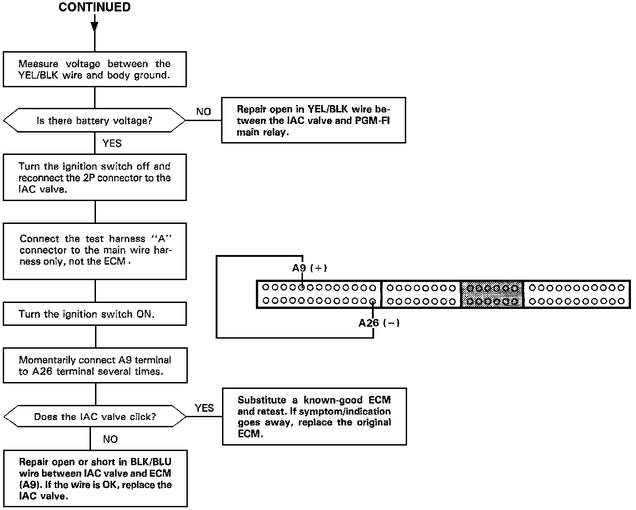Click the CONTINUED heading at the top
point(95,7)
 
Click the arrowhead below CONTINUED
point(95,26)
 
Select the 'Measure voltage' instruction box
point(95,69)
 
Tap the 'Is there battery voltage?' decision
point(95,121)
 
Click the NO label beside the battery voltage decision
point(203,112)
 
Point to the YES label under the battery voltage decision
point(112,143)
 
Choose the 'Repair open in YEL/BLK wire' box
point(313,121)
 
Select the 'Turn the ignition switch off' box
point(95,178)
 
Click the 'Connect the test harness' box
point(95,250)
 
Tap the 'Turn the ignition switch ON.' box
point(95,314)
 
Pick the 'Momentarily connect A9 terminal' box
point(95,366)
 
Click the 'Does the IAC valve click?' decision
point(95,417)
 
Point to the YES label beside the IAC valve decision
point(204,408)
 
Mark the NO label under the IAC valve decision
point(111,439)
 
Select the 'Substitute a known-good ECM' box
point(314,416)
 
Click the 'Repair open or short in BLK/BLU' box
point(95,478)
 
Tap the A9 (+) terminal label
point(310,268)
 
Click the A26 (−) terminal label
point(379,323)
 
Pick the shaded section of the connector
point(492,294)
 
